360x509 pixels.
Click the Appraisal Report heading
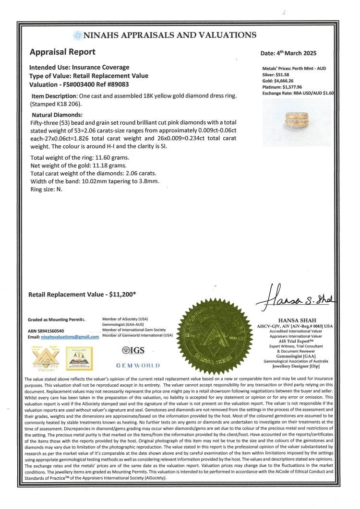(x=62, y=52)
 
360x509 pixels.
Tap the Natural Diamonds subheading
(x=57, y=115)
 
